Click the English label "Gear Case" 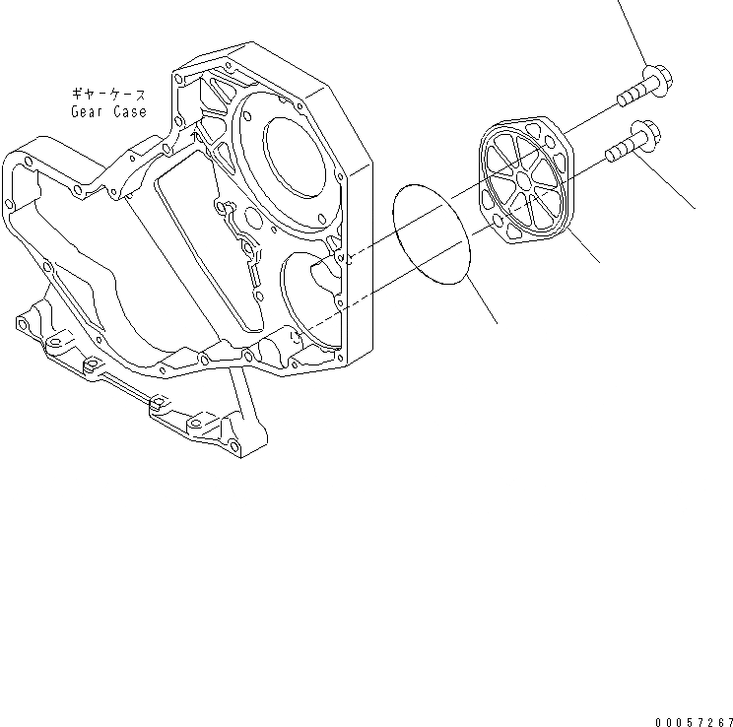(108, 111)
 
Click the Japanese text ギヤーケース (108, 95)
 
